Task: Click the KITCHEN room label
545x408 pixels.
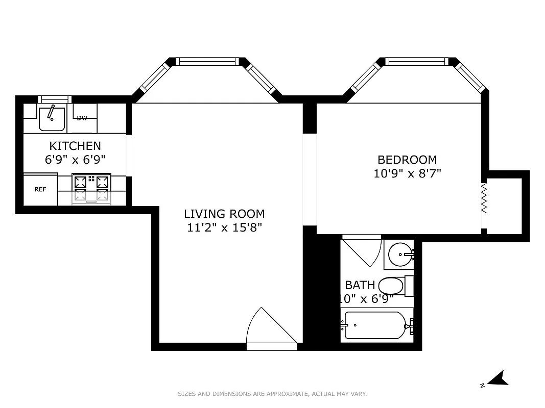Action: point(75,146)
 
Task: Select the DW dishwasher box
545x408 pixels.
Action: point(82,118)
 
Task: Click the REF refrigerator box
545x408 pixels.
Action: point(40,189)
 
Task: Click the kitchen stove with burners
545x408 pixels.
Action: point(92,188)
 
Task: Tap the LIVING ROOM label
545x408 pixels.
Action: point(224,214)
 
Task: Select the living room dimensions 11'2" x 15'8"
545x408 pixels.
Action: point(224,227)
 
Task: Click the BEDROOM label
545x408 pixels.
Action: point(407,160)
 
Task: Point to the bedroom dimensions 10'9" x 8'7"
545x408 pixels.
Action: point(407,173)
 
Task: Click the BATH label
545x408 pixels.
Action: point(360,285)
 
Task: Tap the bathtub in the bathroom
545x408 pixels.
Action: point(376,325)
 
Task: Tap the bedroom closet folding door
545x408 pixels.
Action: point(484,199)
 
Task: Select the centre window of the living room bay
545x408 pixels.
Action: point(208,62)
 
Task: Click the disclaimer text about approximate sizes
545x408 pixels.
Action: point(272,394)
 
